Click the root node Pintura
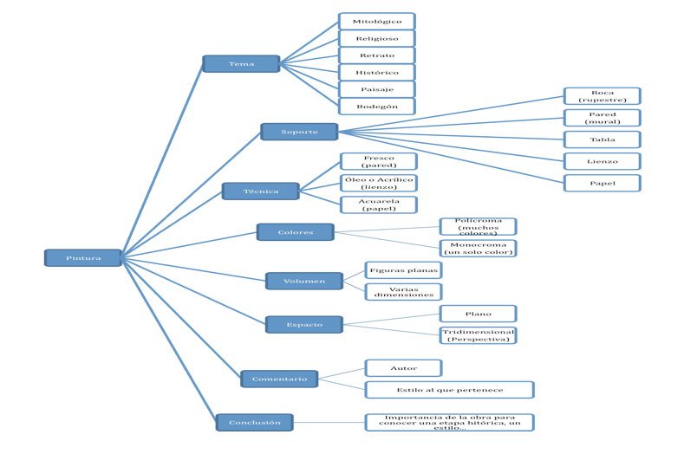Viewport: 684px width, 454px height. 83,258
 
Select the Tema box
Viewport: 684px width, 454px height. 241,64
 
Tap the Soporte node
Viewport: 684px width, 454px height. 299,132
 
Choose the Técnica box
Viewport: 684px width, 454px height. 260,191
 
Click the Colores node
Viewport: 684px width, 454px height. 296,232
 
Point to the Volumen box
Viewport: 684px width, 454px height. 304,281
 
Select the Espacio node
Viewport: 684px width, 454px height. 304,325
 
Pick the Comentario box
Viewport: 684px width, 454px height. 279,379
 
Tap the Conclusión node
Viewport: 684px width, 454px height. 255,423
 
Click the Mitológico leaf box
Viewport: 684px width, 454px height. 377,21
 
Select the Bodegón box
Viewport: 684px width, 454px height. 377,107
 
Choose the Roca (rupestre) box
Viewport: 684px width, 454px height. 603,96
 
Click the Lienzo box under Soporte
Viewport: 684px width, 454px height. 603,161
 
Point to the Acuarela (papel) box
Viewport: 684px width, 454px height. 379,205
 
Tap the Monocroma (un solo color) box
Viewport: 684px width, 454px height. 479,249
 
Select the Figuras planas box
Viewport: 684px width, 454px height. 404,270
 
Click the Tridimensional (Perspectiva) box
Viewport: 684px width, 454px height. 479,335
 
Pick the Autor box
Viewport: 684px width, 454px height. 404,368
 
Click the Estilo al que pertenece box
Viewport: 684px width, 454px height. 449,390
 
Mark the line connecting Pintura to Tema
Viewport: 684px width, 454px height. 162,161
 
